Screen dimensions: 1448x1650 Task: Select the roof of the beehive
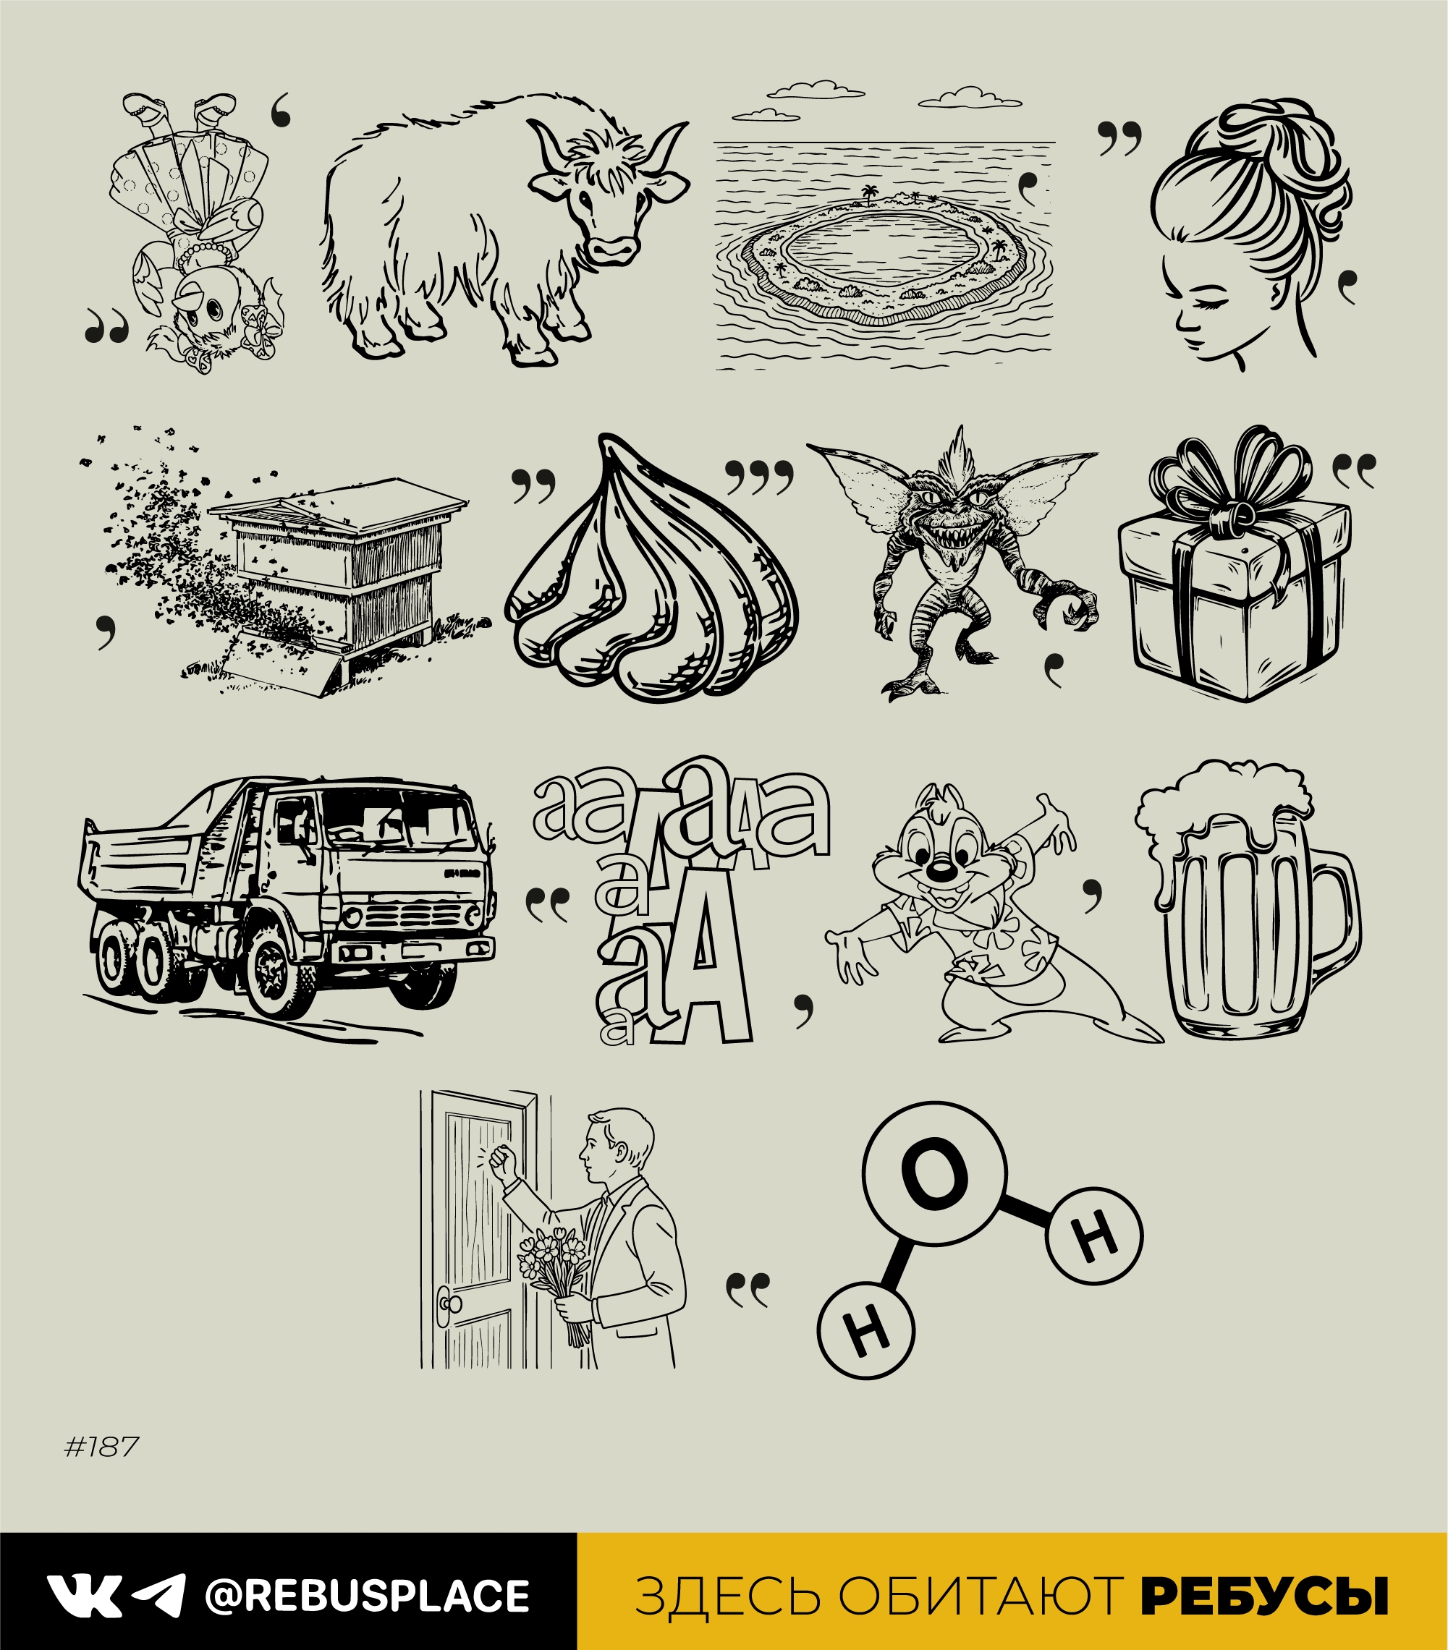339,501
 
